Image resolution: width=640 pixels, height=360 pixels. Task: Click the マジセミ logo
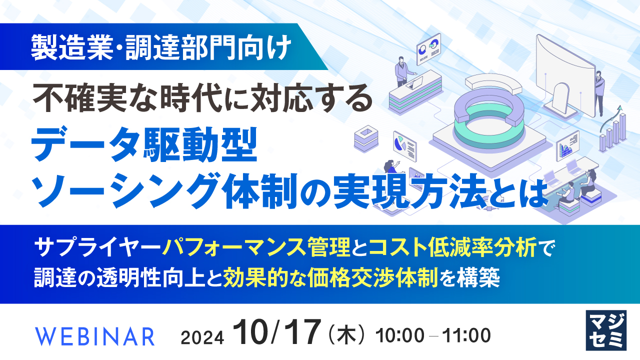[x=605, y=330]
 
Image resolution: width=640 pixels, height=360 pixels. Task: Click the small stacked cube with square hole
[x=364, y=137]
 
